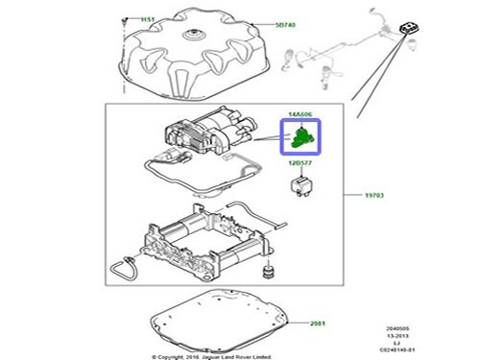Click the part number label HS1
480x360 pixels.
[x=148, y=19]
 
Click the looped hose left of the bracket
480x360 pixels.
[x=123, y=270]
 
